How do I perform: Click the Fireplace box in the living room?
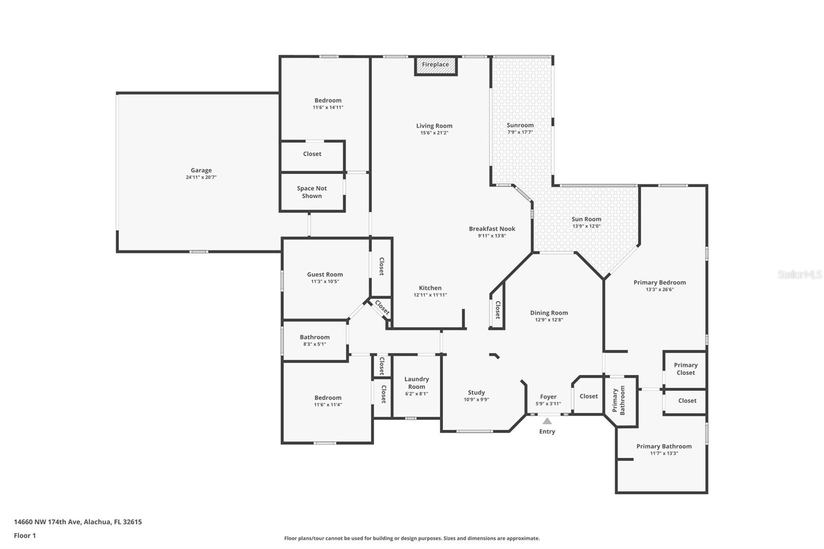[436, 66]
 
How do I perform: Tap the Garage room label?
[201, 170]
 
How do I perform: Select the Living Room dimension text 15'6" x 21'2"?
[435, 133]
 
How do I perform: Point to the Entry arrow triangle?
[547, 421]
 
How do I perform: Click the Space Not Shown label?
[312, 192]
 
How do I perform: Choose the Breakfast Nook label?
[492, 229]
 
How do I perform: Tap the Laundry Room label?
[417, 383]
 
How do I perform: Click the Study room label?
[476, 392]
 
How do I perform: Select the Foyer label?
[548, 397]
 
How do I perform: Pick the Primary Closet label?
[686, 369]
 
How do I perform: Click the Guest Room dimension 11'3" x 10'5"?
[325, 282]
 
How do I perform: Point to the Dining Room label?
[549, 313]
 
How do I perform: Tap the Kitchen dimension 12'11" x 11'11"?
[431, 295]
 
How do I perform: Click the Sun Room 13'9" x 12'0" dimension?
[587, 226]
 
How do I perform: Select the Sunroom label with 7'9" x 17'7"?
[520, 125]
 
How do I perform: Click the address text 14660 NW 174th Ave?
[47, 522]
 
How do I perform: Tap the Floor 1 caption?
[25, 536]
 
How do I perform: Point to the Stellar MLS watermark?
[800, 274]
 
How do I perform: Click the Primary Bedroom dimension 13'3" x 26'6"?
[660, 289]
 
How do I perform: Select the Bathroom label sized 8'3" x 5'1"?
[315, 337]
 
